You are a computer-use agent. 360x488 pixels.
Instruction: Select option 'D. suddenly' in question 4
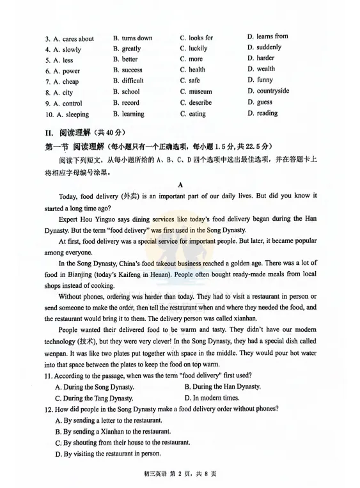click(x=264, y=47)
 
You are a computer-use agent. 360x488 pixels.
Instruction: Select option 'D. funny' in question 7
click(x=260, y=80)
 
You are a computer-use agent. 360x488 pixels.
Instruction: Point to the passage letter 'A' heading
click(x=180, y=185)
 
